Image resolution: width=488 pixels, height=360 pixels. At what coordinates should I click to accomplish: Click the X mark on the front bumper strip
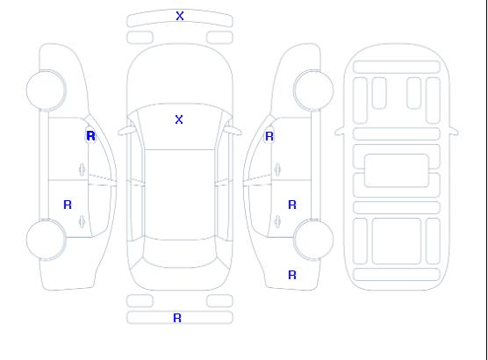[x=180, y=16]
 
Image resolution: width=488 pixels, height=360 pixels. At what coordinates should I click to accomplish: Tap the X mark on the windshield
[x=179, y=119]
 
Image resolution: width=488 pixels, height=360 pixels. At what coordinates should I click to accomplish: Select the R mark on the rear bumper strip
[x=177, y=318]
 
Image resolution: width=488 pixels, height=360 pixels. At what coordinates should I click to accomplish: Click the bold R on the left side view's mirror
[x=90, y=136]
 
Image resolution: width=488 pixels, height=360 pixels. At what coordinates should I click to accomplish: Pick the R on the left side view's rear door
[x=68, y=205]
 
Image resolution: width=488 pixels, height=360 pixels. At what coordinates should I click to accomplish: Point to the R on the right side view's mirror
[x=269, y=136]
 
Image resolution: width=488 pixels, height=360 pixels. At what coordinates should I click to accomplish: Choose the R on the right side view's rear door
[x=292, y=205]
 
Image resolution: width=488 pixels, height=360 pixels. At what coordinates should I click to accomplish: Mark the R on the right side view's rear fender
[x=292, y=275]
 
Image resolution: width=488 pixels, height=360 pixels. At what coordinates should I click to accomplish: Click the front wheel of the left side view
[x=46, y=90]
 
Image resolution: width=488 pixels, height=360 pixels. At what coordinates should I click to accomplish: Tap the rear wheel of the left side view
[x=46, y=240]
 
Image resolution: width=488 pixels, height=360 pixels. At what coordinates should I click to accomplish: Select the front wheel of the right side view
[x=313, y=90]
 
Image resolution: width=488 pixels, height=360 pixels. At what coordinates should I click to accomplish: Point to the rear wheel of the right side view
[x=313, y=240]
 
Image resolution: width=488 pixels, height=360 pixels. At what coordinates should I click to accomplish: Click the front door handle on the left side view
[x=83, y=169]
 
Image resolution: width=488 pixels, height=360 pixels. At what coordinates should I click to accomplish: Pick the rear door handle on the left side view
[x=83, y=221]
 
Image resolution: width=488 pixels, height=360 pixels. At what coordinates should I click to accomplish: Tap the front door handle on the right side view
[x=277, y=169]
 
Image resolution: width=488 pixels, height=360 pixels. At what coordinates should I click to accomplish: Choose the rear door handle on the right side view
[x=277, y=221]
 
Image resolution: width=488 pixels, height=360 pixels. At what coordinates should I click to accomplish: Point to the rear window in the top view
[x=180, y=253]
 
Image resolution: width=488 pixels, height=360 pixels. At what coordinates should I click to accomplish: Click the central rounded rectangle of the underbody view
[x=397, y=170]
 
